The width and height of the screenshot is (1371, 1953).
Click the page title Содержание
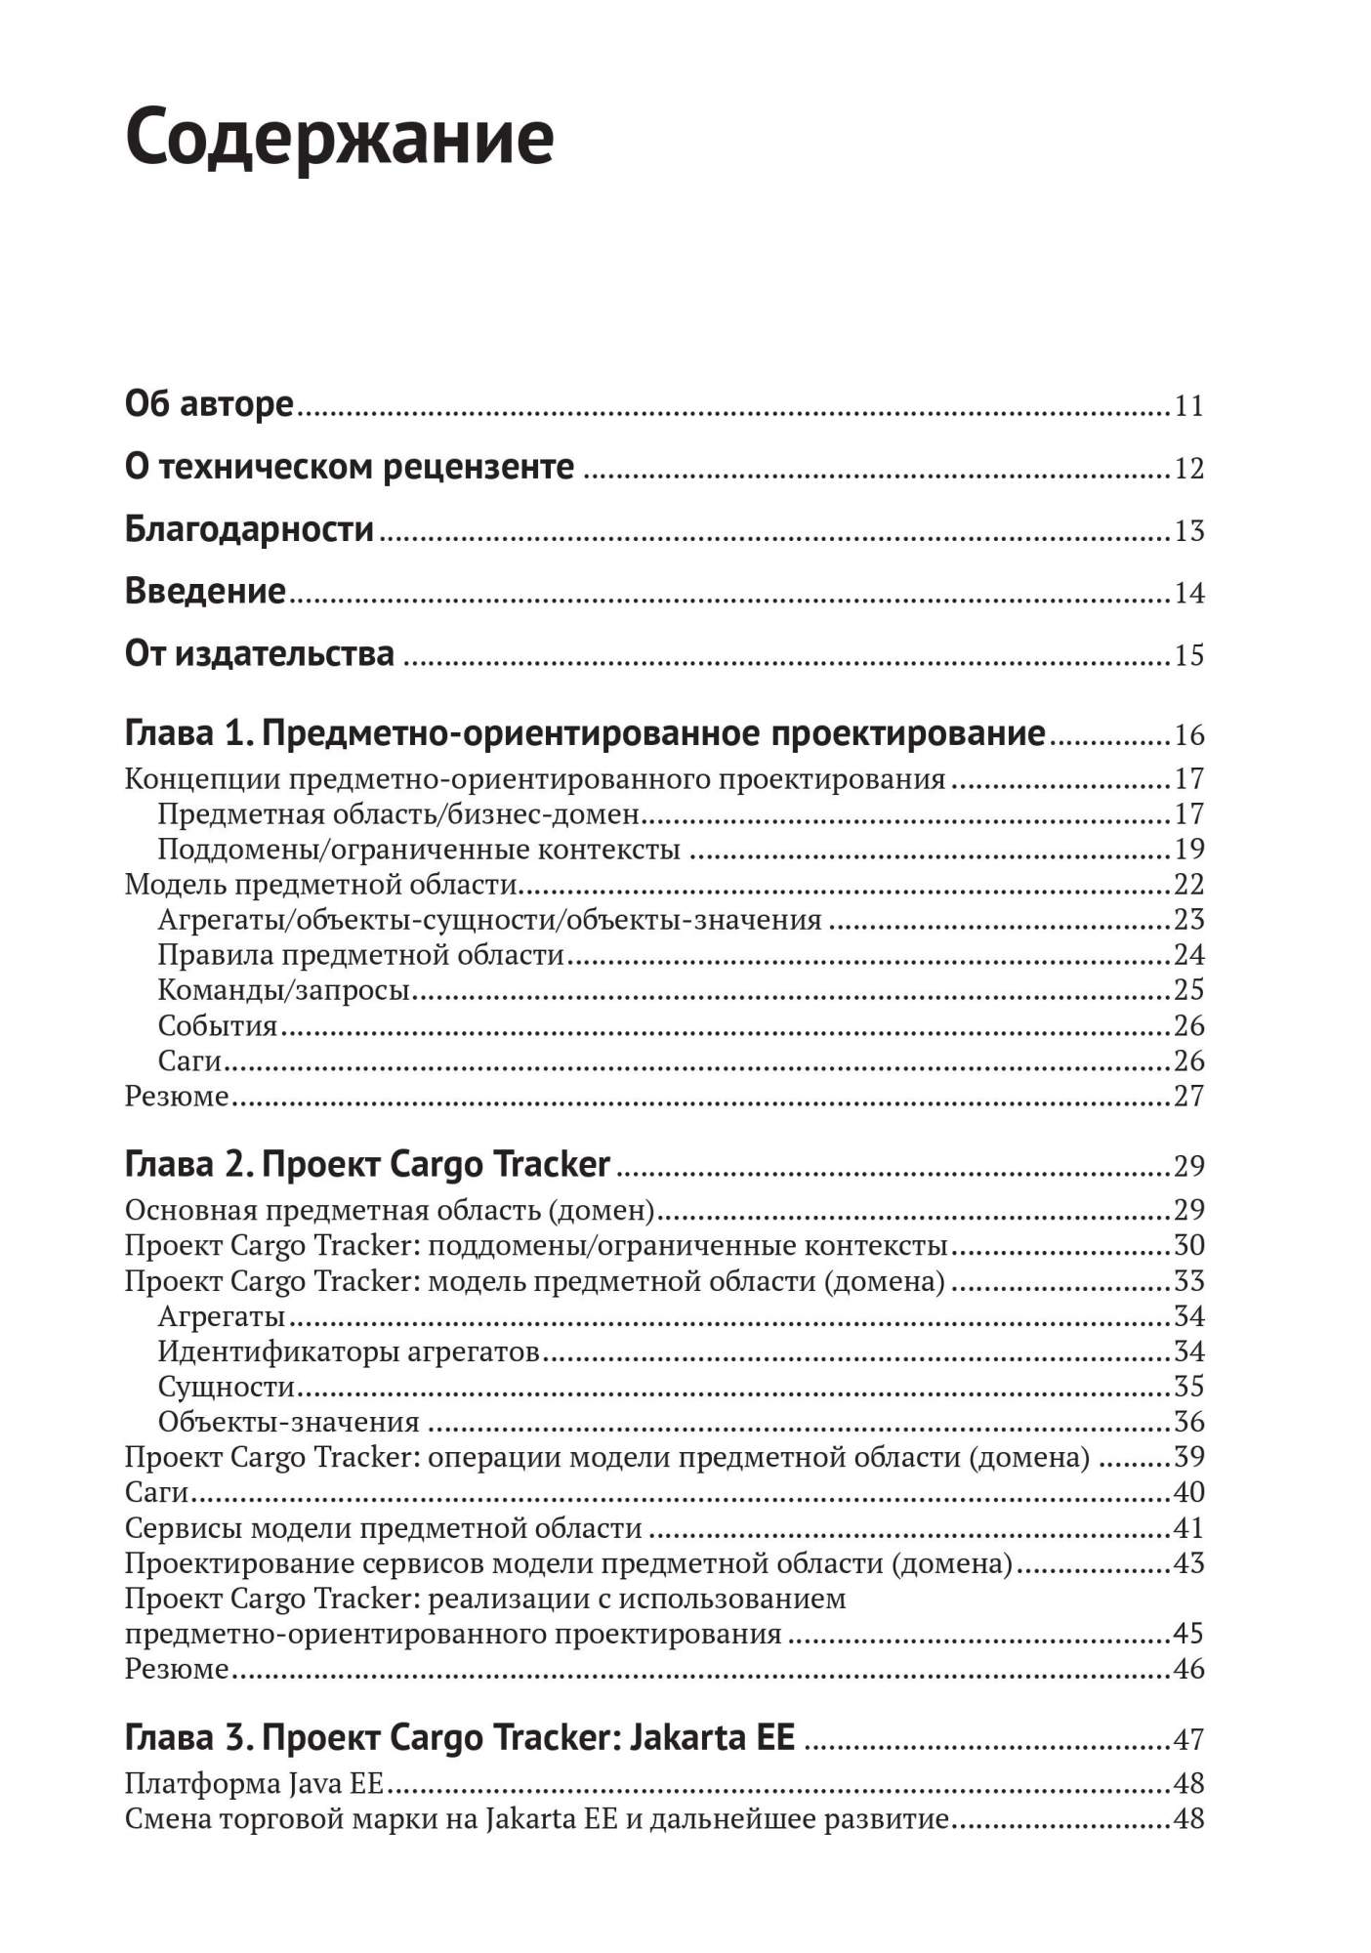coord(340,138)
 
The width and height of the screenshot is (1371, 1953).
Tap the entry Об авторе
coord(209,404)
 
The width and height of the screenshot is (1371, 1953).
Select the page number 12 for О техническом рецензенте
coord(1188,469)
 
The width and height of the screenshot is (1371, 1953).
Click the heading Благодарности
coord(249,529)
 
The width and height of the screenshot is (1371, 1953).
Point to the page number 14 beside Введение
coord(1188,593)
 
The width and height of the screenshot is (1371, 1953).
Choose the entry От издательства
coord(259,654)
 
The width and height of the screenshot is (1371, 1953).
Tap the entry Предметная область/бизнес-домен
coord(398,813)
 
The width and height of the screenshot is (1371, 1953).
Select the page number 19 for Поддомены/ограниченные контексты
coord(1188,849)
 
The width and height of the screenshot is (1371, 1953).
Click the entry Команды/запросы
coord(283,990)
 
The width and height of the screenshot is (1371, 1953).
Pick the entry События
coord(218,1025)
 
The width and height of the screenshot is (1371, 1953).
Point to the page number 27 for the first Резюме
coord(1188,1096)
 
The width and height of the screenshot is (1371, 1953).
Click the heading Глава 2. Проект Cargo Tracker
coord(367,1165)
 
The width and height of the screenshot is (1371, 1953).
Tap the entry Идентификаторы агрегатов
coord(349,1351)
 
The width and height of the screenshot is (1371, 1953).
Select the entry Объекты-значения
coord(288,1422)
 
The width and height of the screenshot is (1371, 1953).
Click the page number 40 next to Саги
coord(1188,1492)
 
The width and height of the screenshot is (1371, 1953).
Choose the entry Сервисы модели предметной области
coord(383,1528)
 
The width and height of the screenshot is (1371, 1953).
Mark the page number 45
coord(1188,1634)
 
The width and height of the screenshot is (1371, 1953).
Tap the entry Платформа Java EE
coord(254,1784)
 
